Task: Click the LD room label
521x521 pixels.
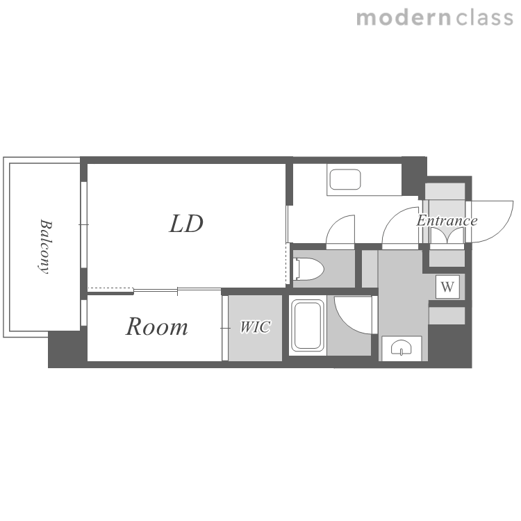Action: click(186, 224)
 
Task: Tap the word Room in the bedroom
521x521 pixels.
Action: click(157, 326)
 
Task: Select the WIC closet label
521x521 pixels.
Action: click(255, 327)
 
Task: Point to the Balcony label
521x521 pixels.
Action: click(45, 246)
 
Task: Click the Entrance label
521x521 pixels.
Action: click(447, 221)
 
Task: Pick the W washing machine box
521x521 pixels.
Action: click(447, 286)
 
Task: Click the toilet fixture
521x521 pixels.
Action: click(309, 269)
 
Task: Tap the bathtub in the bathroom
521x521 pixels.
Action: click(308, 326)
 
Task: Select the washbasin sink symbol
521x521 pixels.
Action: click(401, 348)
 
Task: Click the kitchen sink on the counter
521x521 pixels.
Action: click(345, 179)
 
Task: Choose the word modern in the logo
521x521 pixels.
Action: click(404, 18)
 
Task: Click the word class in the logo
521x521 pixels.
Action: click(484, 18)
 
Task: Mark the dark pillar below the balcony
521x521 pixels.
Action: click(67, 349)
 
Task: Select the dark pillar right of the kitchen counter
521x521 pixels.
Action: click(414, 176)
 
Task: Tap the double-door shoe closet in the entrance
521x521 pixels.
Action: click(447, 236)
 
